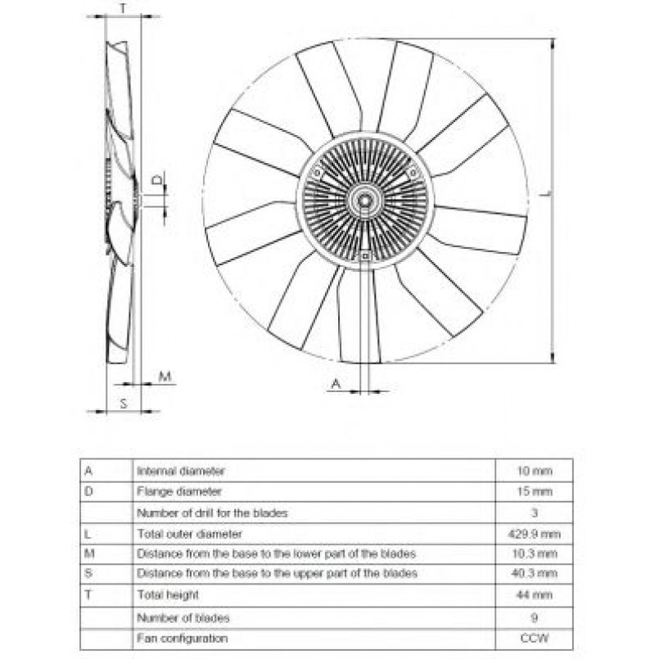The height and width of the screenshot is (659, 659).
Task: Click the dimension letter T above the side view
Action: (123, 9)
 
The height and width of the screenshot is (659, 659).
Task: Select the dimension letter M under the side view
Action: (165, 377)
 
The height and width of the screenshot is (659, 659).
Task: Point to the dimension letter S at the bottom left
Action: (124, 403)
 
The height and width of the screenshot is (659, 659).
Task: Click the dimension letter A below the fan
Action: (335, 383)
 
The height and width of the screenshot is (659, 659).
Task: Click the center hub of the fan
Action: (365, 199)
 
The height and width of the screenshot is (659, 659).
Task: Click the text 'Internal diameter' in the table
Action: (181, 471)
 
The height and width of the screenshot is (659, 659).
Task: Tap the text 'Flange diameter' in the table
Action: (179, 492)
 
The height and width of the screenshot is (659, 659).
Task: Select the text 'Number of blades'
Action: (183, 617)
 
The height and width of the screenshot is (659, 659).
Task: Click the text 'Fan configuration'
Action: (183, 638)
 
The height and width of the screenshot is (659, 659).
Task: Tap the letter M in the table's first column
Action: (89, 553)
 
